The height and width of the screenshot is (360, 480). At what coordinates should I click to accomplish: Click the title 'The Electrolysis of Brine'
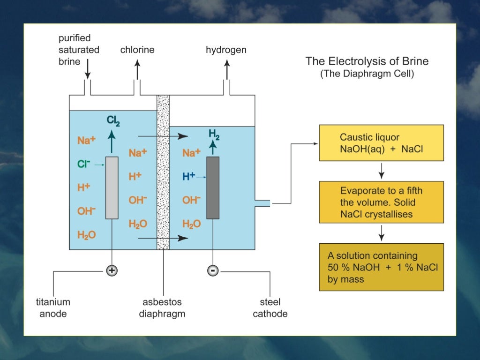click(367, 61)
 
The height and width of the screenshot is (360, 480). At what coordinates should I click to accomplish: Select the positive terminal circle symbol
click(112, 270)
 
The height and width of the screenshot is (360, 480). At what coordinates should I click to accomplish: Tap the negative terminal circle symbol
click(212, 270)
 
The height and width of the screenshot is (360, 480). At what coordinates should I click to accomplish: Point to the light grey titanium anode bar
click(112, 187)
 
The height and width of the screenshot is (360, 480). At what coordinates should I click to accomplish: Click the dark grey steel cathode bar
click(212, 187)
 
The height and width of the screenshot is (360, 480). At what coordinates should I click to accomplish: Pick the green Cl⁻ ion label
click(84, 164)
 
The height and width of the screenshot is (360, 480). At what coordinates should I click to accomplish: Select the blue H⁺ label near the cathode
click(188, 176)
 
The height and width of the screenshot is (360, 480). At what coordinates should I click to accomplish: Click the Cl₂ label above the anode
click(112, 121)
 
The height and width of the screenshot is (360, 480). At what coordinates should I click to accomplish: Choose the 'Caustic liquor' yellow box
click(381, 143)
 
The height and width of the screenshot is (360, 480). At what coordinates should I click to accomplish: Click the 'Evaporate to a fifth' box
click(381, 202)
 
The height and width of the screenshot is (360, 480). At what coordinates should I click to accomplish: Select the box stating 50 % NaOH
click(381, 267)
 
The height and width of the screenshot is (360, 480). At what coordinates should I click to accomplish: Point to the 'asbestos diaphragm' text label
click(162, 308)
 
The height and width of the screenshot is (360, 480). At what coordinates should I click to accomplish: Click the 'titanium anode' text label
click(55, 308)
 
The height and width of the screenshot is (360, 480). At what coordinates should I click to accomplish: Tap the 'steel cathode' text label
click(270, 308)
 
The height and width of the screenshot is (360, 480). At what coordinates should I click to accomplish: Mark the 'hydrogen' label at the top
click(226, 50)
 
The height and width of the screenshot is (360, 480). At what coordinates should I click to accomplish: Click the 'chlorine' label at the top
click(137, 50)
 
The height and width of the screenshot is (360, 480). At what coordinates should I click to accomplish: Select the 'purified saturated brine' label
click(79, 50)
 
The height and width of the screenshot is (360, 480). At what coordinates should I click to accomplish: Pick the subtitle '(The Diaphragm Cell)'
click(367, 74)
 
